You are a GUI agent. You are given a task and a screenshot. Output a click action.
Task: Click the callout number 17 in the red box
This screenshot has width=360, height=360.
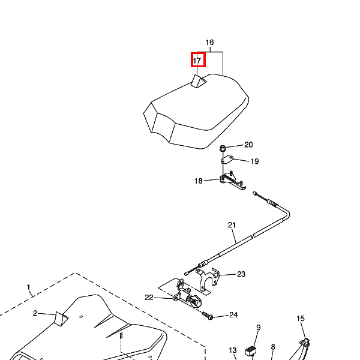[197, 61]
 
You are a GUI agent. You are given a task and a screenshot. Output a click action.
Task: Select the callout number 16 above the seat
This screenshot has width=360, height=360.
[209, 43]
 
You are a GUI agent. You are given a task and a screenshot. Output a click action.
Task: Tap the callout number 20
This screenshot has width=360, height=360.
[248, 145]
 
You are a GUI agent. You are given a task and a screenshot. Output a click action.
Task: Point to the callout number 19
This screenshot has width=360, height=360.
[254, 161]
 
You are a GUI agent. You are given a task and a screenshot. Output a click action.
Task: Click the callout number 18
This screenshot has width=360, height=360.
[198, 181]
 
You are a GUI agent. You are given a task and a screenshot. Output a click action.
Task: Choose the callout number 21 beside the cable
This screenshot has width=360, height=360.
[232, 225]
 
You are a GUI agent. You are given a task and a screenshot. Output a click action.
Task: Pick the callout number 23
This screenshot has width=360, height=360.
[241, 274]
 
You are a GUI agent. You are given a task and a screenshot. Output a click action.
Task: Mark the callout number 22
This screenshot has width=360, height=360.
[149, 297]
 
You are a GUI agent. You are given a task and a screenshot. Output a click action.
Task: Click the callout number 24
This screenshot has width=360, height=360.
[233, 314]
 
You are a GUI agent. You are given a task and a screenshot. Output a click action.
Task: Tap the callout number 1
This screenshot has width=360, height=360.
[28, 288]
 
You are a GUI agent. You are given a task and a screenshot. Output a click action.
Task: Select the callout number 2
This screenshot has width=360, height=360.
[35, 313]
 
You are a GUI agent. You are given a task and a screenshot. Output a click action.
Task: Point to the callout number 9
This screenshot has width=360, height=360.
[259, 328]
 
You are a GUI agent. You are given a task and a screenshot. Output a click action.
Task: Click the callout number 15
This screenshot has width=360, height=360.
[301, 319]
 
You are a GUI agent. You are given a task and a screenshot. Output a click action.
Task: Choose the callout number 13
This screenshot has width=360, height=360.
[233, 350]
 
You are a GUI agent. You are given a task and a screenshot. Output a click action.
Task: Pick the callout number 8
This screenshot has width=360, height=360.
[273, 347]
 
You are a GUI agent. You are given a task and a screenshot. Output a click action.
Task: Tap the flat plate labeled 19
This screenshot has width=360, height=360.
[226, 160]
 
